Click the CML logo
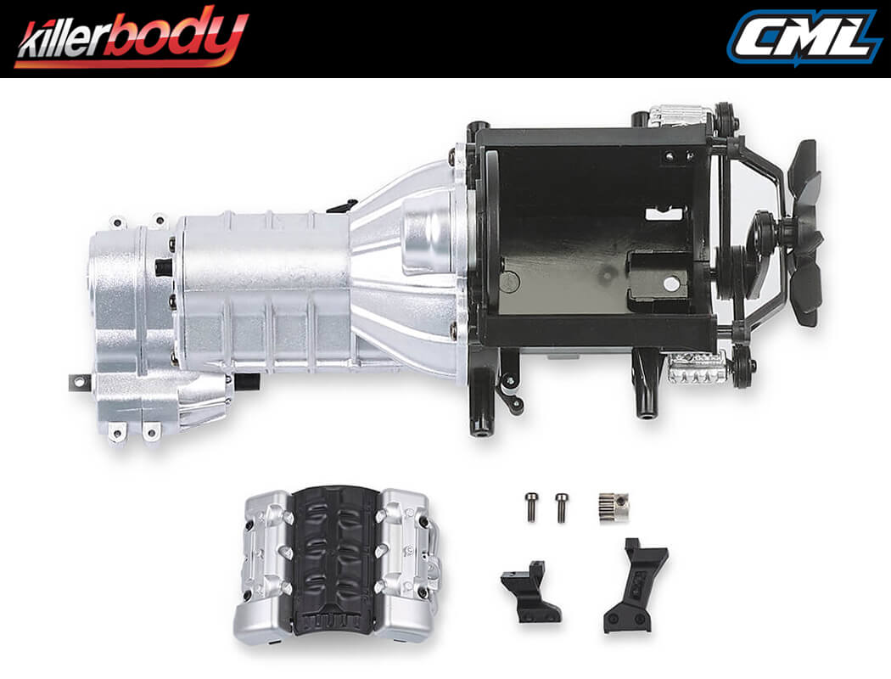[803, 37]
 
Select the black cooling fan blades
[803, 233]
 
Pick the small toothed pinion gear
[613, 507]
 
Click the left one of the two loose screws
[531, 507]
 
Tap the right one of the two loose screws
[560, 507]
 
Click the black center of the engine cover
[338, 561]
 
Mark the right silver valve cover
[406, 560]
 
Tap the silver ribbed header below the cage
[696, 367]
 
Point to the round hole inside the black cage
[671, 283]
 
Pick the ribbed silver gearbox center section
[263, 289]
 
